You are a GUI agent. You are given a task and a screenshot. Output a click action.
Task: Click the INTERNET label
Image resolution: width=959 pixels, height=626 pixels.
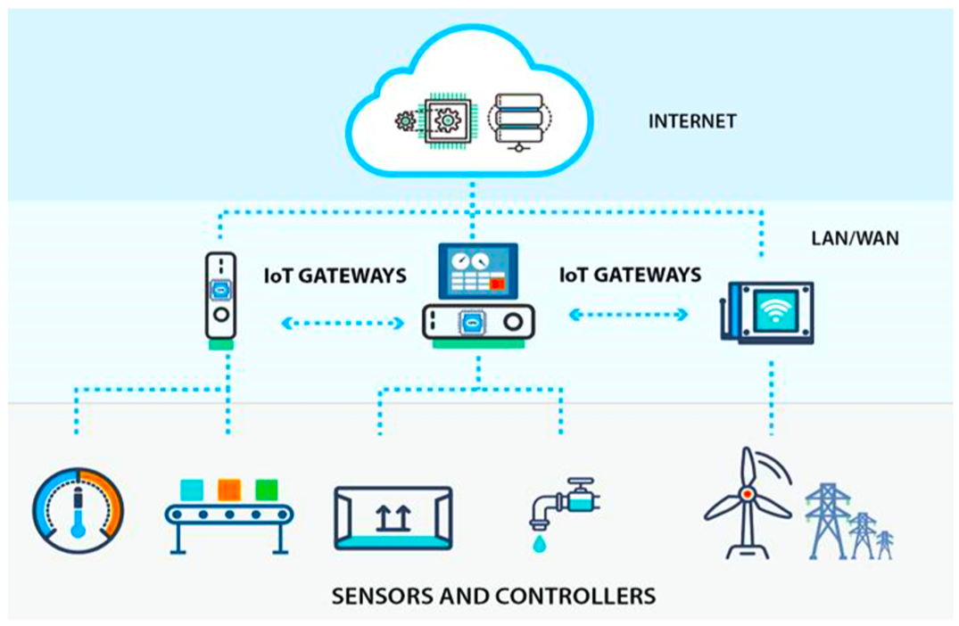(x=692, y=120)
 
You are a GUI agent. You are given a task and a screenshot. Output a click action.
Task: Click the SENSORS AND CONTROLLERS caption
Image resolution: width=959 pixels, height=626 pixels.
(x=493, y=595)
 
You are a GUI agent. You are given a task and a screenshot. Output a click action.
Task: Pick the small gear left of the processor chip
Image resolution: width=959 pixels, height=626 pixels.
(x=406, y=120)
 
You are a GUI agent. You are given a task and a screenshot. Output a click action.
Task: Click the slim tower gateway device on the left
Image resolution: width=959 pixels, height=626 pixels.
(x=219, y=298)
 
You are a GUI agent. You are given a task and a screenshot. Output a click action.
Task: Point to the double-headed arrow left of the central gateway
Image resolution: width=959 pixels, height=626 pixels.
(x=343, y=323)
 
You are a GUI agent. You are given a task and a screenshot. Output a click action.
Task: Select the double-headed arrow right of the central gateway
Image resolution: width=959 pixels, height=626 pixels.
(x=630, y=314)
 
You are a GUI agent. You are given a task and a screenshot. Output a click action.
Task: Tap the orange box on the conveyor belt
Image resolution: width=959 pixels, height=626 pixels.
(x=229, y=490)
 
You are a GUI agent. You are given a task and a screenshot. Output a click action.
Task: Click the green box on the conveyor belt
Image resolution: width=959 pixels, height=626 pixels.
(x=267, y=490)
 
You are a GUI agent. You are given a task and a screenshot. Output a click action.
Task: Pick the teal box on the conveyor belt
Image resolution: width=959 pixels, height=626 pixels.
(x=192, y=490)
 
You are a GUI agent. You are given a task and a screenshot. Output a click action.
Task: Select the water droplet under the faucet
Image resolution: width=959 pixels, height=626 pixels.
(x=538, y=543)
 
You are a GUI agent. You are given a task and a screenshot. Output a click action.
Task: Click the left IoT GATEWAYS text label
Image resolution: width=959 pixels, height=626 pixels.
(x=335, y=276)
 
